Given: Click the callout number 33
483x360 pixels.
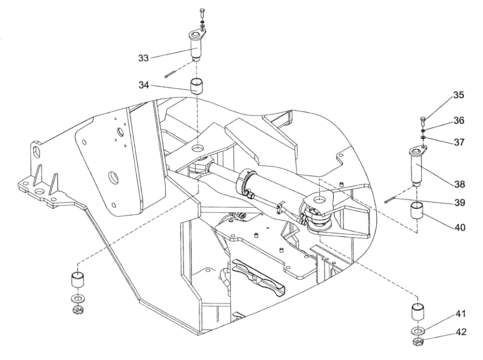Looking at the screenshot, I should (143, 58).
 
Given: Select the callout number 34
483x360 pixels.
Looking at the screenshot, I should (143, 86).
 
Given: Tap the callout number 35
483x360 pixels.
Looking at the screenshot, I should (458, 95).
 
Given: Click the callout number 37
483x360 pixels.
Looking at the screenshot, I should (458, 142).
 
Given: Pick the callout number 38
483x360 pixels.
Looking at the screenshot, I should (458, 184).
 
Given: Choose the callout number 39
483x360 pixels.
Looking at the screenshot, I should (458, 203).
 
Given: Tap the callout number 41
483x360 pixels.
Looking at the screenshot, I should (458, 314).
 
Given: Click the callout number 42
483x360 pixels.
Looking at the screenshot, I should (458, 333).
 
